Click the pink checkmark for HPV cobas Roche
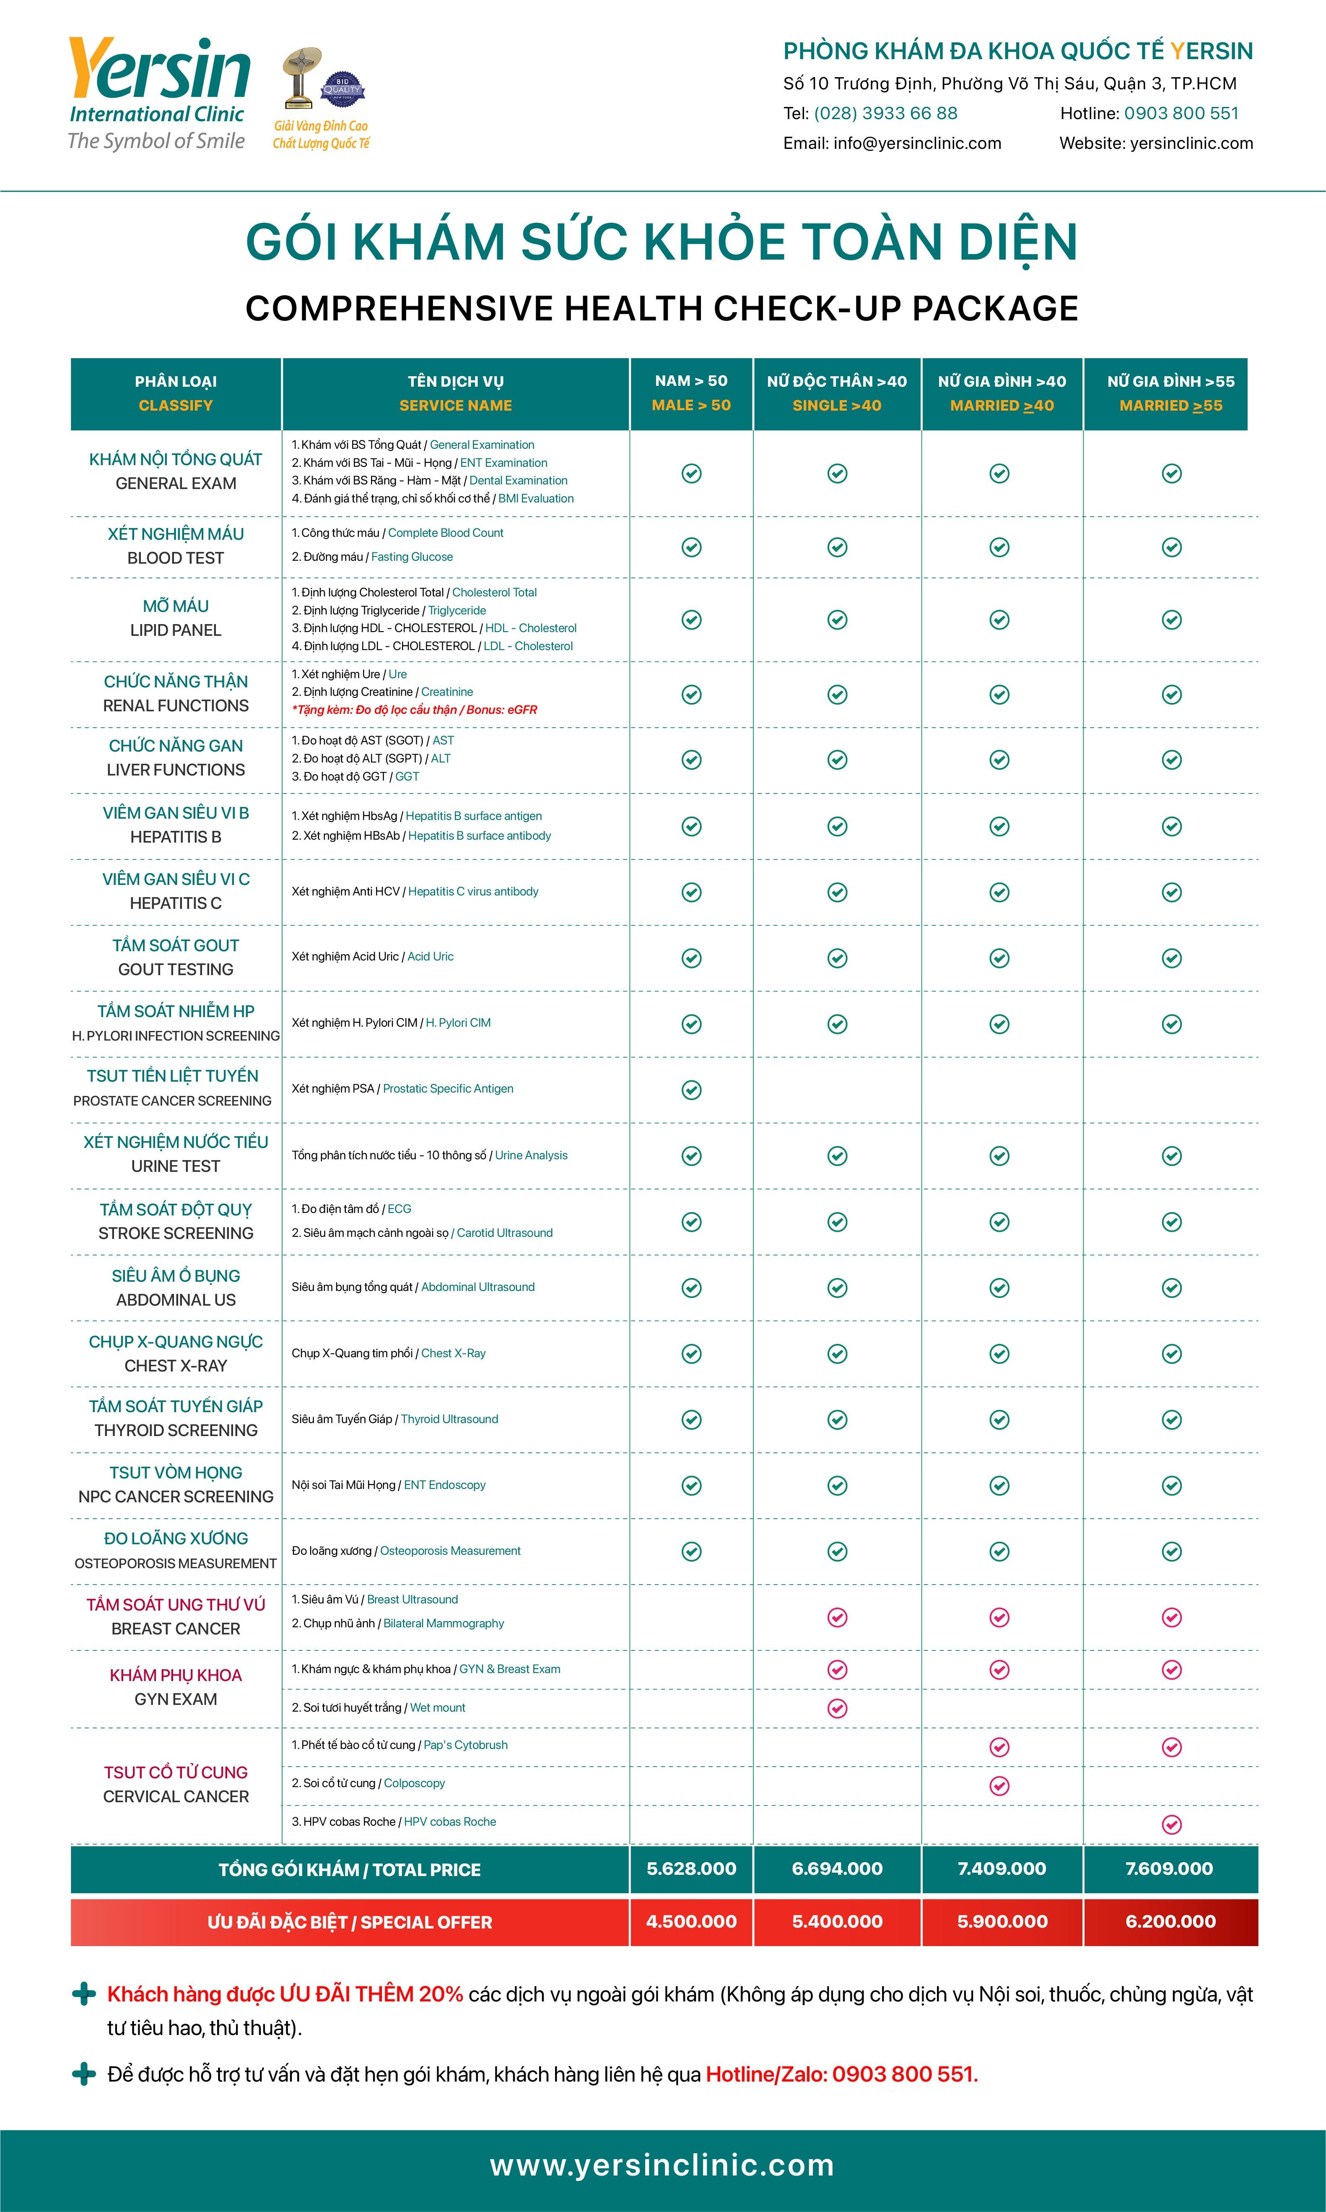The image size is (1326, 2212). [1171, 1824]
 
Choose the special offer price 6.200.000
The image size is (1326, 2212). [1170, 1921]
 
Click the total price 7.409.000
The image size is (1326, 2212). [1002, 1869]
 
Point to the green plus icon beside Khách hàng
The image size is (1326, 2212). [84, 1994]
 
